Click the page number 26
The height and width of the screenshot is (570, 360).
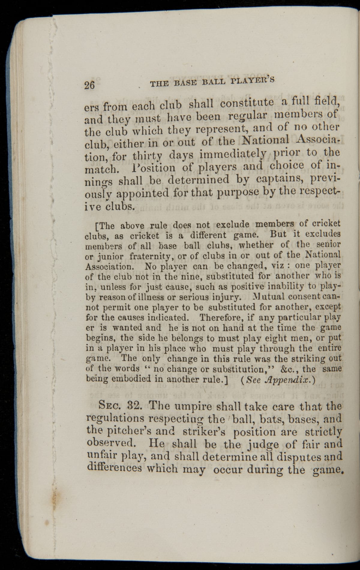(x=89, y=85)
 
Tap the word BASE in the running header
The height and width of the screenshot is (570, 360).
(x=185, y=83)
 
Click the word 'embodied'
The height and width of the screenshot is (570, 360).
(x=131, y=379)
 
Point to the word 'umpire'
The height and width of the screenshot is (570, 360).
(x=187, y=407)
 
